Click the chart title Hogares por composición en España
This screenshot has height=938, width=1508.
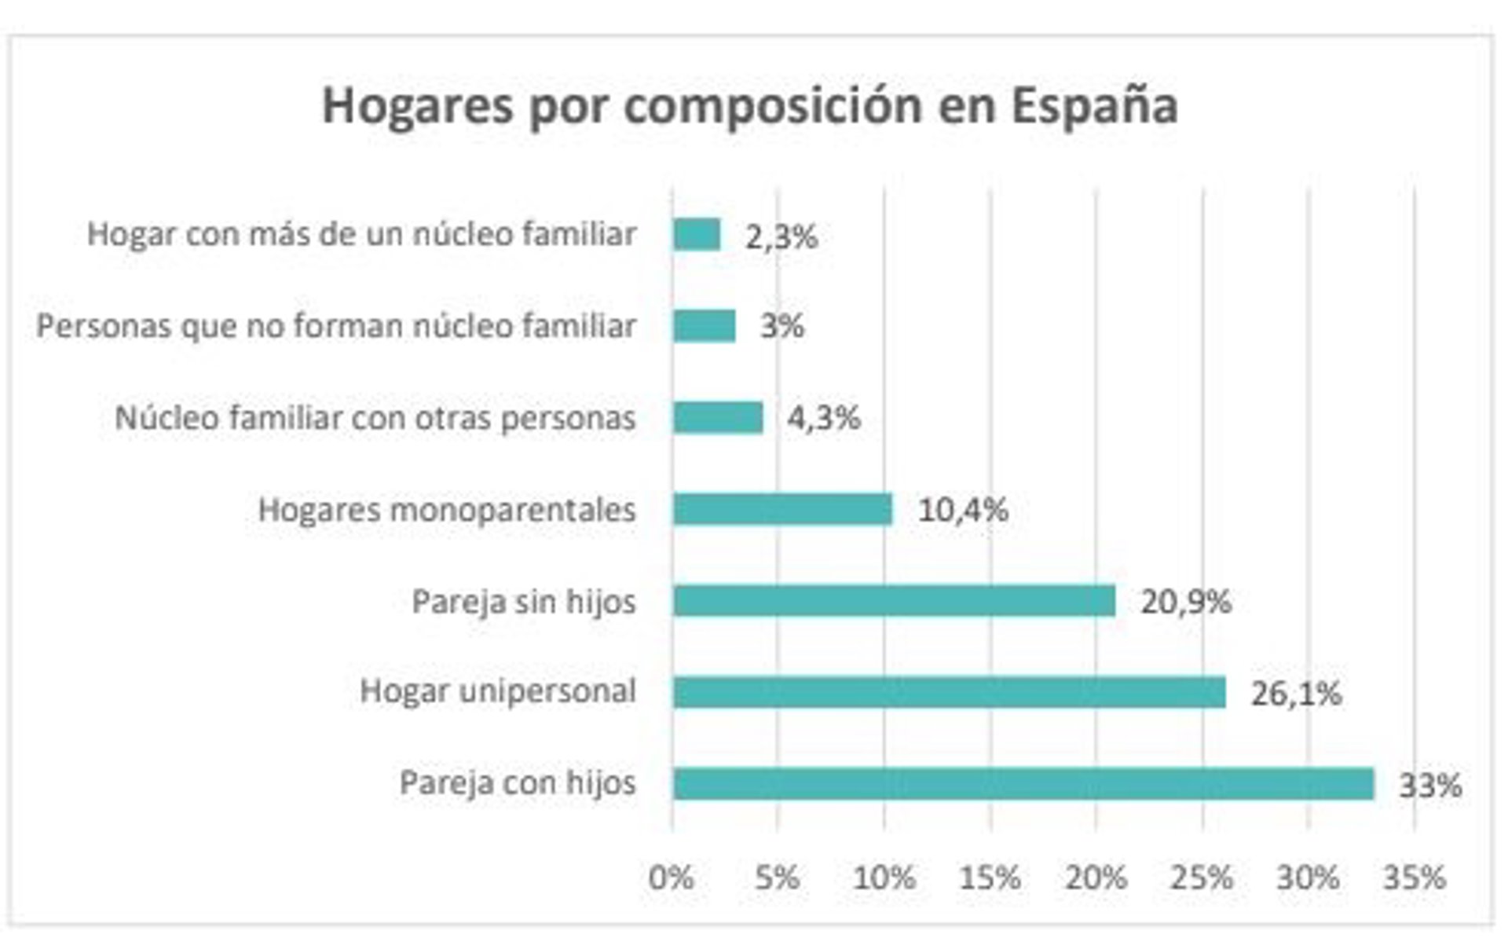(x=750, y=105)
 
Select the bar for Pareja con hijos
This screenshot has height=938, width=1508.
(x=1023, y=784)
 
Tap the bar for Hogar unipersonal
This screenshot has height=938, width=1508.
(x=949, y=692)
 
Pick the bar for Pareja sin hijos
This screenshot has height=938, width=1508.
(x=894, y=601)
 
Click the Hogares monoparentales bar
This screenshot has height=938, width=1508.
(x=782, y=509)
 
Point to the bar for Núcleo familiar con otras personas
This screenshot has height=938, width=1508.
(x=718, y=417)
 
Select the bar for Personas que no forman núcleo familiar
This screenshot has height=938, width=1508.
(x=704, y=325)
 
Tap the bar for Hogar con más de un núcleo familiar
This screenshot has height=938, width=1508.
(x=697, y=234)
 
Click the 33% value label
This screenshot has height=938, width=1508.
(x=1430, y=785)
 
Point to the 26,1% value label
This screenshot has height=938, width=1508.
(x=1296, y=694)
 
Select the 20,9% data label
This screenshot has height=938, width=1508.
(x=1186, y=602)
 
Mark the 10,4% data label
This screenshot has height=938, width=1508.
(x=963, y=510)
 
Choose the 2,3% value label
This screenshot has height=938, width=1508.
(x=781, y=236)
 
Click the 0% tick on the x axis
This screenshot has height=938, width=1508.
(x=672, y=878)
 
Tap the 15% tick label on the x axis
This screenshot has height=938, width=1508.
(x=990, y=878)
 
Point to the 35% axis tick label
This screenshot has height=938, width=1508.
(x=1415, y=878)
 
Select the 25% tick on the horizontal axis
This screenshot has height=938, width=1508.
(x=1202, y=878)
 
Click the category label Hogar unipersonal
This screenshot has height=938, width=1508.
(x=498, y=691)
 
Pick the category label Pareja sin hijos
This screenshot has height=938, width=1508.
(x=524, y=602)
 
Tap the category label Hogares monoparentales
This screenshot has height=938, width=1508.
(x=447, y=510)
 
